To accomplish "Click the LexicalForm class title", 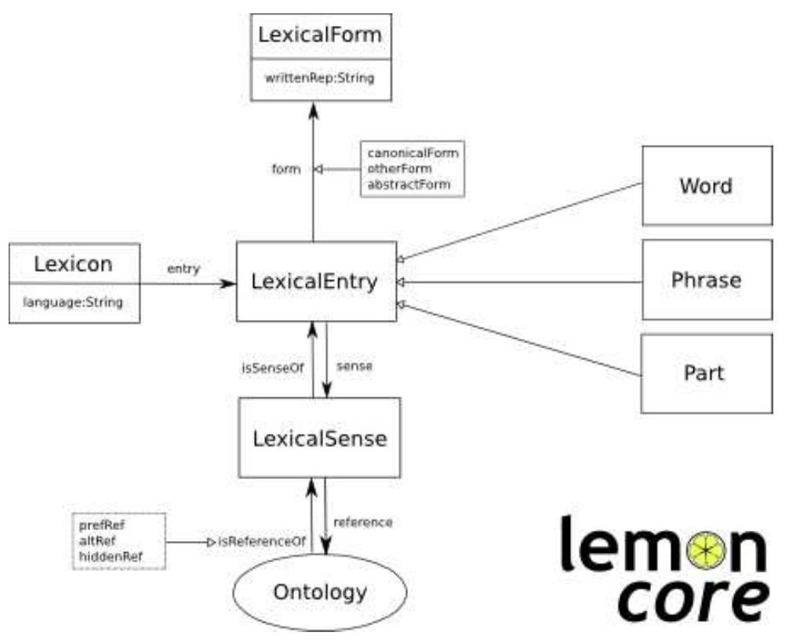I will click(x=320, y=35).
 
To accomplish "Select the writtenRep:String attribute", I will click(x=320, y=78).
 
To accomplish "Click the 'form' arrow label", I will click(x=287, y=168).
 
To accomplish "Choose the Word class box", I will click(x=706, y=186).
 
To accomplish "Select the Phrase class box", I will click(x=706, y=280).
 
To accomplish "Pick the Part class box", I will click(x=706, y=373).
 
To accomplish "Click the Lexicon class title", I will click(x=74, y=263).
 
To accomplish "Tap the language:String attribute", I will click(x=74, y=301).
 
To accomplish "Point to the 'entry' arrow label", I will click(x=184, y=269).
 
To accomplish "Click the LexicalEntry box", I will click(x=316, y=282).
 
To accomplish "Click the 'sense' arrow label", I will click(x=354, y=365).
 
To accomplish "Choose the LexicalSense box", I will click(x=319, y=438).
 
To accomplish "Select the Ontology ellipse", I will click(x=319, y=590).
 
